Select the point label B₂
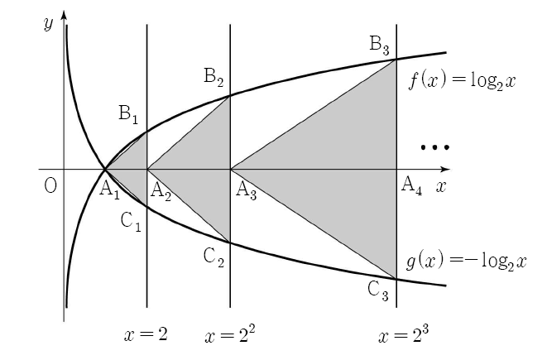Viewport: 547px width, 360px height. (x=214, y=77)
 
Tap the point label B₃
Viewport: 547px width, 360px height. (x=379, y=46)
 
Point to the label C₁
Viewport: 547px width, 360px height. (x=131, y=223)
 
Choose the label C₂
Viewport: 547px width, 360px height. (x=214, y=258)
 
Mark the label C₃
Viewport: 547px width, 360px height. (x=378, y=291)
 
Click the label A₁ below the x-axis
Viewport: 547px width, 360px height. (x=109, y=191)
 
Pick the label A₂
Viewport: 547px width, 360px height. (x=161, y=192)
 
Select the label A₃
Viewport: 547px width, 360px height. (x=247, y=191)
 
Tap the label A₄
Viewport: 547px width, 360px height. (x=411, y=186)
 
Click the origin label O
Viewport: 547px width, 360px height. (x=50, y=186)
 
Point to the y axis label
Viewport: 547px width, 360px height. (x=49, y=24)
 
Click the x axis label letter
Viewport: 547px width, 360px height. (x=441, y=187)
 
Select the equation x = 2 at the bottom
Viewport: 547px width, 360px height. (x=146, y=334)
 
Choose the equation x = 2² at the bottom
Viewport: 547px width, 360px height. (x=230, y=334)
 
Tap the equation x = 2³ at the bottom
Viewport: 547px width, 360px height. (x=404, y=334)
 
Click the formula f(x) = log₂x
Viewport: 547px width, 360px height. (x=462, y=81)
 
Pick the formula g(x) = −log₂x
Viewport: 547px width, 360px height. (x=467, y=262)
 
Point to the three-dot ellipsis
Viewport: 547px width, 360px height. (x=435, y=147)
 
